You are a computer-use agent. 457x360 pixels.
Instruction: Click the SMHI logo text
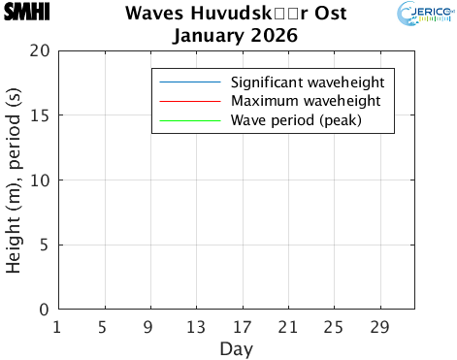click(x=27, y=13)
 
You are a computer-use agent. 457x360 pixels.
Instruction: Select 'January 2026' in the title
click(x=235, y=37)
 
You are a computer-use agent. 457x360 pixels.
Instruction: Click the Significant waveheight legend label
click(x=308, y=81)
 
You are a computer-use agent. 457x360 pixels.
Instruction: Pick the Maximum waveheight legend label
click(x=304, y=101)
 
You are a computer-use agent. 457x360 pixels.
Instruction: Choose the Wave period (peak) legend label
click(x=295, y=121)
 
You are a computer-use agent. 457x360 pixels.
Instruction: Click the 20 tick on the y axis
click(x=40, y=50)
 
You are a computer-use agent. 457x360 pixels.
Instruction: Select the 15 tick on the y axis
click(x=40, y=115)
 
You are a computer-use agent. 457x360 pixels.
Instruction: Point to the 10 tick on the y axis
click(x=40, y=180)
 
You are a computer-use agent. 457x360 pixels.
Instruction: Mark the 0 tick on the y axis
click(x=45, y=310)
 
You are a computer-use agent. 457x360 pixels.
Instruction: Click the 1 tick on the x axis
click(x=57, y=326)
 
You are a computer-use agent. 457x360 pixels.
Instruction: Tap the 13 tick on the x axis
click(x=196, y=326)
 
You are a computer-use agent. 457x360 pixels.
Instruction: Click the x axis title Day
click(x=237, y=347)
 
